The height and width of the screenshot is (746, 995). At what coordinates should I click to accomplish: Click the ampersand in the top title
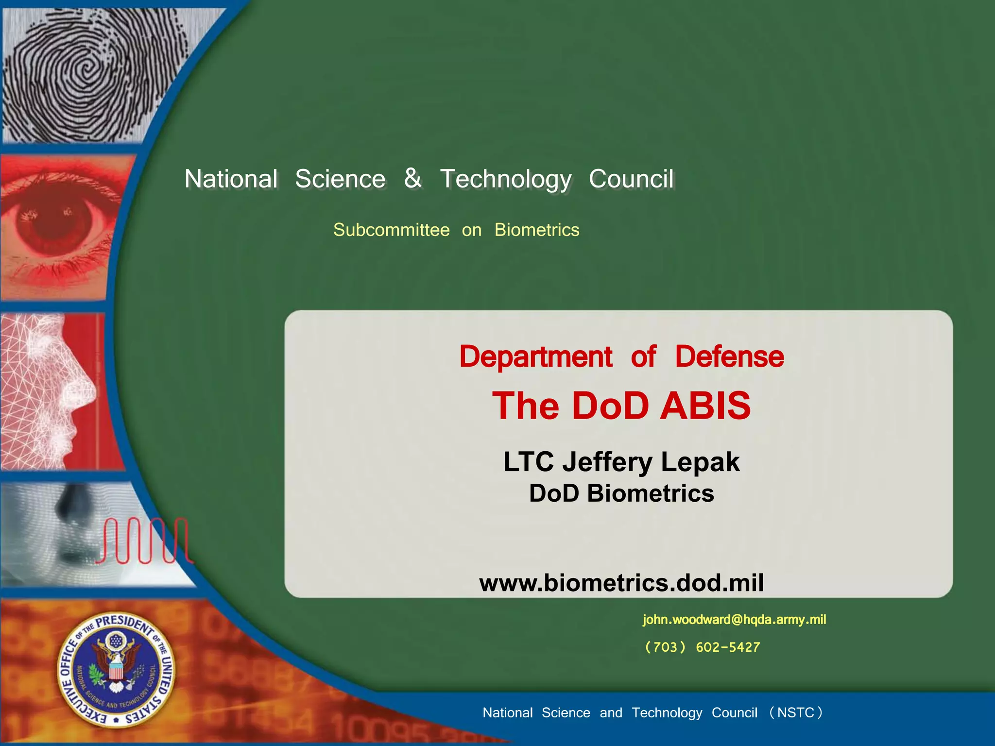412,178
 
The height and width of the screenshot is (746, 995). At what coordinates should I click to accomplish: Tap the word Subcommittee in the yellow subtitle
391,230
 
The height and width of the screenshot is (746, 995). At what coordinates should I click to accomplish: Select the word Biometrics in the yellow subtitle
536,230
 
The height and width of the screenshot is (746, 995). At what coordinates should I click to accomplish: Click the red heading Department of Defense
621,357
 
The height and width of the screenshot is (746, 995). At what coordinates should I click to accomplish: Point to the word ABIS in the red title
705,406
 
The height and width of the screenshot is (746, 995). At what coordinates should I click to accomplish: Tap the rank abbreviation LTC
528,461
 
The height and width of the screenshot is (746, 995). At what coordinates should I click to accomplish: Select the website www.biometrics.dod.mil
621,583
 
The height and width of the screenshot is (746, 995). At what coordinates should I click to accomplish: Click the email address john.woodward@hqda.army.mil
734,620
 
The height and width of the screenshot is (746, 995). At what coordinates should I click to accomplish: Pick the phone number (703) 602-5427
702,647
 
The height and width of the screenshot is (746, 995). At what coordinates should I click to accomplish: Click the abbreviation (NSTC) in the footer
796,712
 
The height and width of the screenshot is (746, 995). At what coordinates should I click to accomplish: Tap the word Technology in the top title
506,179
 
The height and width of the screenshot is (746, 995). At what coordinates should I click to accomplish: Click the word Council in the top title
631,179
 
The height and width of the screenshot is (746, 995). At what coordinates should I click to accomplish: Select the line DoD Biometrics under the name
621,493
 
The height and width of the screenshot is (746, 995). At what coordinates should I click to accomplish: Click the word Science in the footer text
566,712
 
